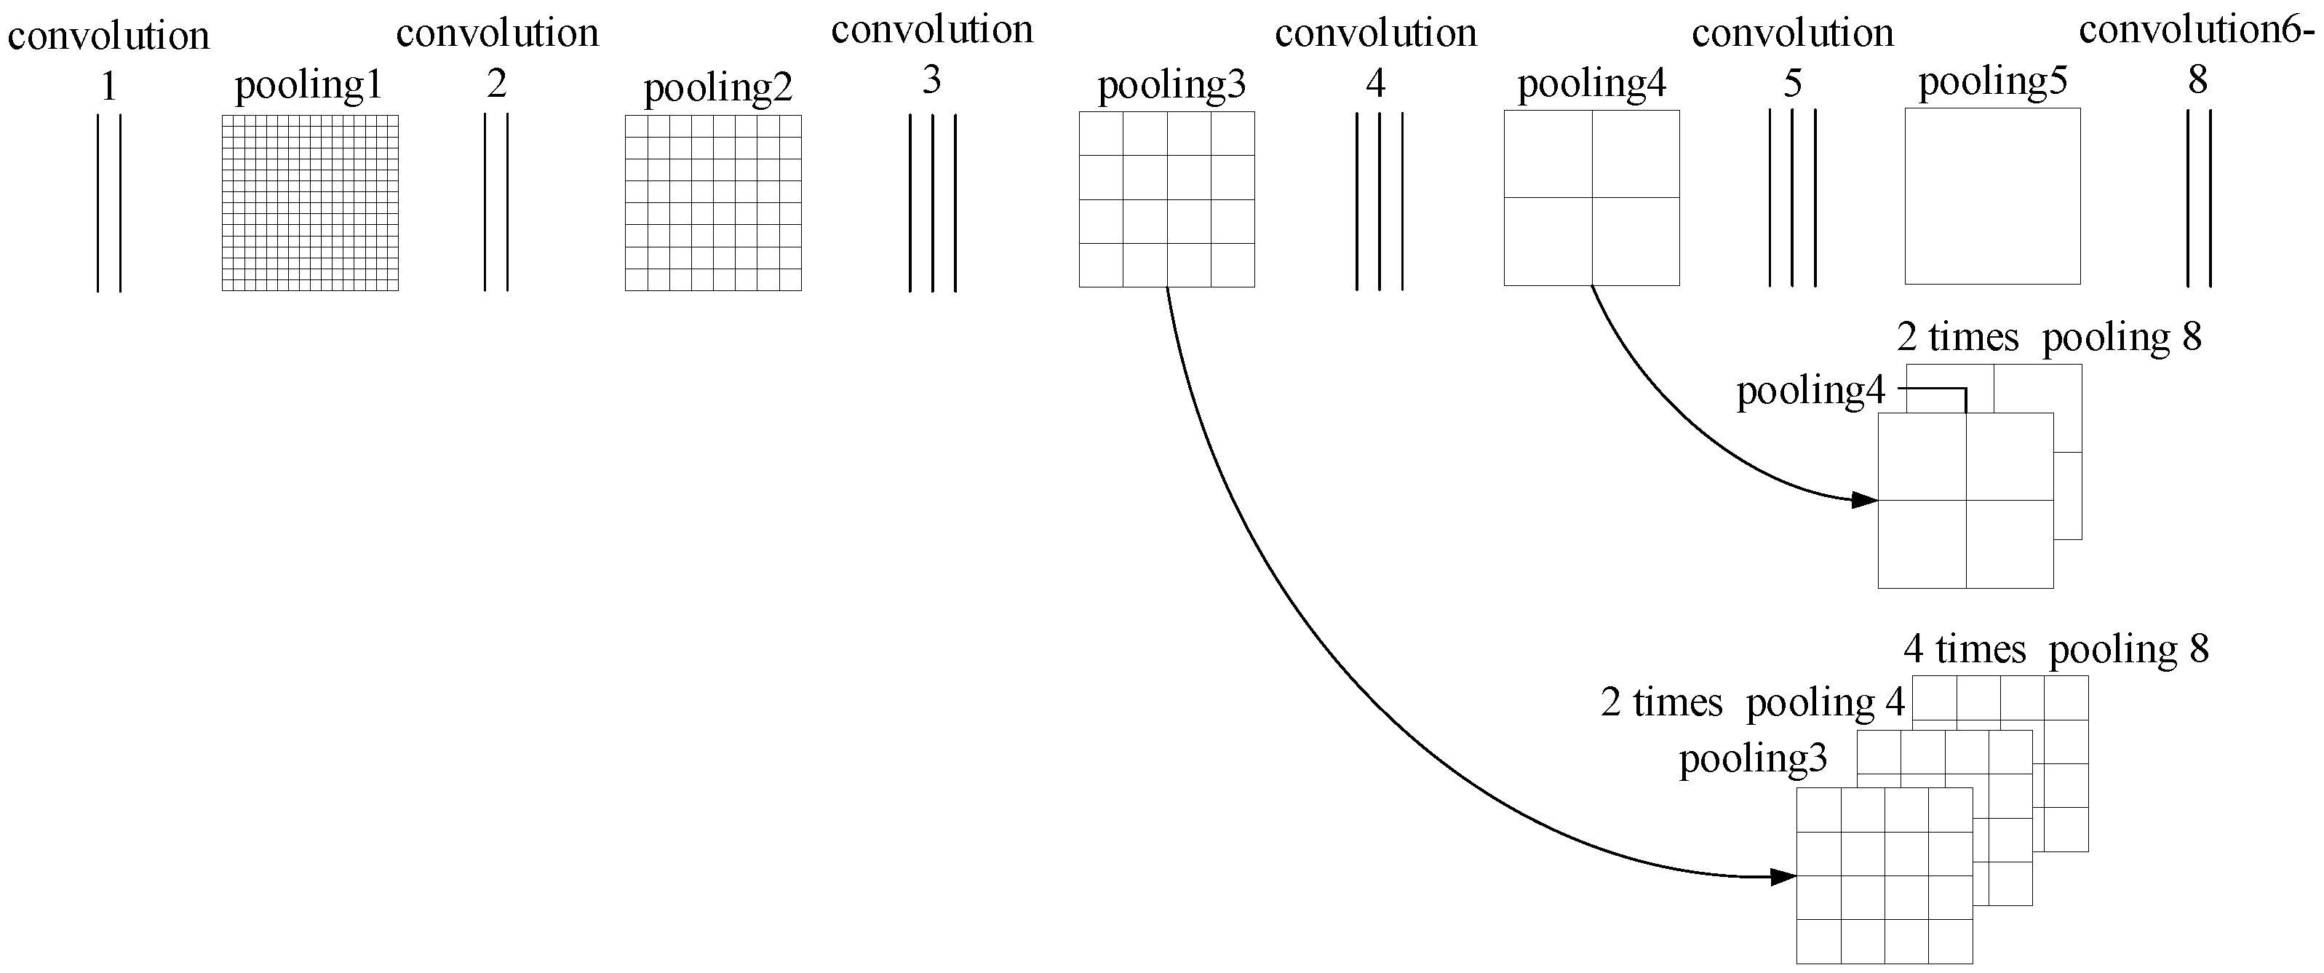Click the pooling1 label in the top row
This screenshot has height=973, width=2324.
coord(309,86)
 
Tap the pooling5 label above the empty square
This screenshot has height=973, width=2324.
coord(1992,82)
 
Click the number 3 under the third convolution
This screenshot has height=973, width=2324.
coord(931,82)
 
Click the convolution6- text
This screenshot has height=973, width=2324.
coord(2195,31)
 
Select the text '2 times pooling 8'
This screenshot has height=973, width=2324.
coord(2048,338)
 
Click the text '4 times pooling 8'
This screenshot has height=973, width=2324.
coord(2056,650)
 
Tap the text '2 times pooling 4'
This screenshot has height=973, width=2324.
coord(1752,703)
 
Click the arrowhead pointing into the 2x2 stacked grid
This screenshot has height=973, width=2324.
coord(1865,499)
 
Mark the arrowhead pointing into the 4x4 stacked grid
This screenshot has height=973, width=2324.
coord(1783,876)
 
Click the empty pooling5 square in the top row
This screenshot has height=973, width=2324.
coord(1992,196)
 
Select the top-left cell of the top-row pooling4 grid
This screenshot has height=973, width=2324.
coord(1547,154)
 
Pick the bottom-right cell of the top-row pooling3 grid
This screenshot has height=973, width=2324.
coord(1233,266)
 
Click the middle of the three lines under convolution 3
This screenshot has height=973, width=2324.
coord(932,202)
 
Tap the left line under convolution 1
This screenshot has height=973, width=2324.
coord(98,202)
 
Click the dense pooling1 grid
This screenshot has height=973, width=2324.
coord(309,202)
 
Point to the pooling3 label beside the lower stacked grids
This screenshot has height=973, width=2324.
coord(1752,759)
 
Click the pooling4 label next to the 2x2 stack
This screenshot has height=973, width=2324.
coord(1810,391)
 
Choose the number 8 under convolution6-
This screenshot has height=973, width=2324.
coord(2197,82)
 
